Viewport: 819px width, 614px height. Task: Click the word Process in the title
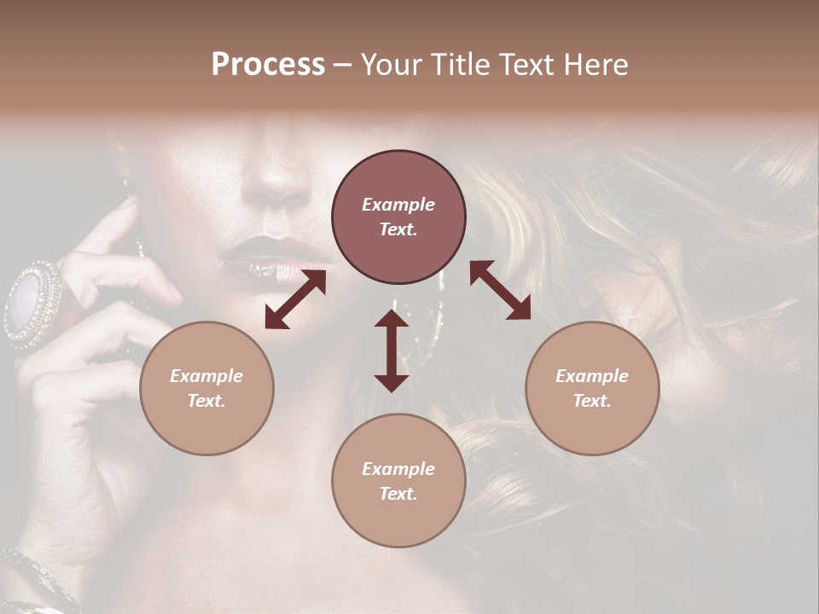coord(268,65)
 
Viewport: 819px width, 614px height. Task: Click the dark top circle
coord(398,217)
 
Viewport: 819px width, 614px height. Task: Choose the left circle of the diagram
coord(206,388)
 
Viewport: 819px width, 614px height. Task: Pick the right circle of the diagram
coord(592,388)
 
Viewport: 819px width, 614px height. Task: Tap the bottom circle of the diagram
coord(398,480)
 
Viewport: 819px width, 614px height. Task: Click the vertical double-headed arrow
coord(392,350)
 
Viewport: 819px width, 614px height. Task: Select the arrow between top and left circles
coord(295,299)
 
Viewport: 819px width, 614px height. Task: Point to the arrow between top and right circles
coord(501,290)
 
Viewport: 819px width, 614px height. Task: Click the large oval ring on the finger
coord(32,304)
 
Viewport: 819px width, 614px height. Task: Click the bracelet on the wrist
coord(34,580)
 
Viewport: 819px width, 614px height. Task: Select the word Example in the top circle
coord(398,205)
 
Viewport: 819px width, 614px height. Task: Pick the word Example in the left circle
coord(206,376)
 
